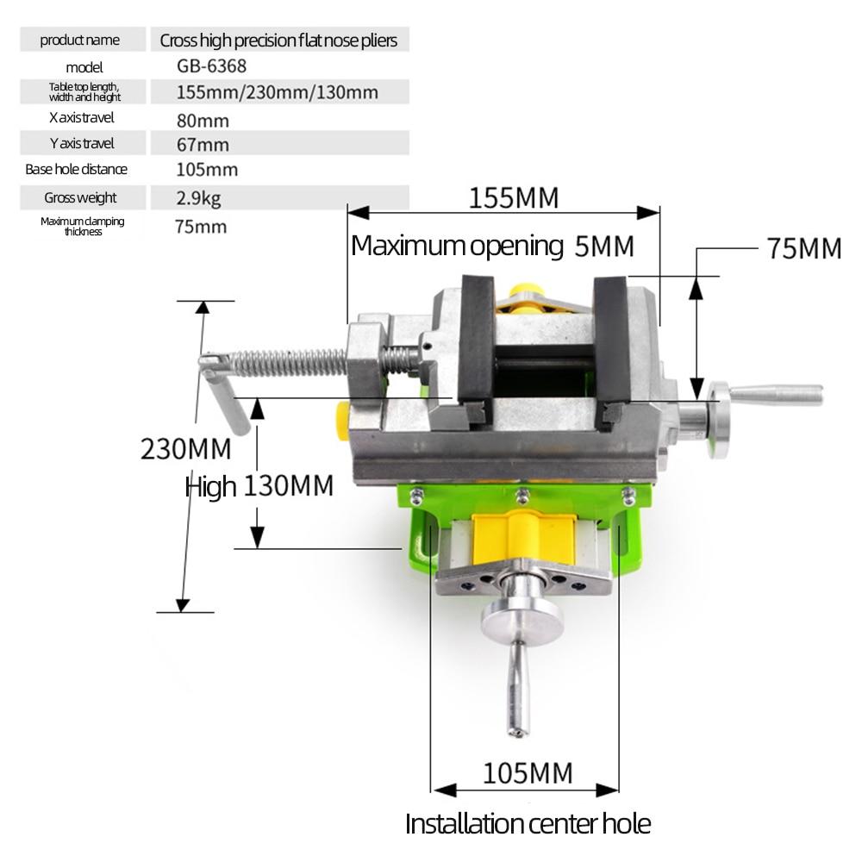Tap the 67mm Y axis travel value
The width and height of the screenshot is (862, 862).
(203, 145)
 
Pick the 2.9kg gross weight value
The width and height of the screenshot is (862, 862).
(198, 198)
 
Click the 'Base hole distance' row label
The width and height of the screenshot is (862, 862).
(76, 170)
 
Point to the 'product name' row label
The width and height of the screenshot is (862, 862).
(80, 40)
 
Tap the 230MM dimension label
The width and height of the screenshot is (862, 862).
(185, 449)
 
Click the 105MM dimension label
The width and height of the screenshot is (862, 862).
(527, 773)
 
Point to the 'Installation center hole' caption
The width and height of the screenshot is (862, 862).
(528, 823)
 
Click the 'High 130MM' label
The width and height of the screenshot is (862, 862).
(259, 486)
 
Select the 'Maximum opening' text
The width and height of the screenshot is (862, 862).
(456, 246)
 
